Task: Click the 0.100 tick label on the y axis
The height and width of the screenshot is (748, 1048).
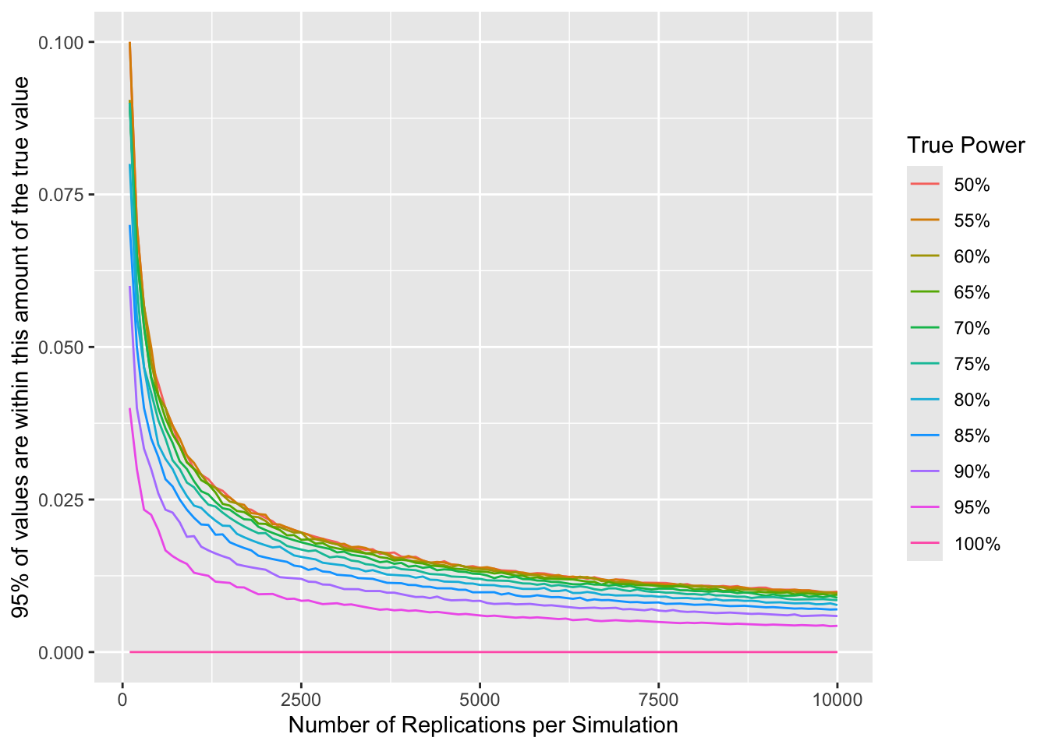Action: point(61,42)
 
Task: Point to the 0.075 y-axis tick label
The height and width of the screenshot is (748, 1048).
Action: point(61,195)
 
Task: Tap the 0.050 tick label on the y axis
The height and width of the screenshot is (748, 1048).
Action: point(61,347)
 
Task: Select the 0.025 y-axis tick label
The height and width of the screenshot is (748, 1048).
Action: point(61,499)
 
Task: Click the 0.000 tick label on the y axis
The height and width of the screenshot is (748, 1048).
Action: point(61,652)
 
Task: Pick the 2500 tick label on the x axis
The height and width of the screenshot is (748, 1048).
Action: point(301,699)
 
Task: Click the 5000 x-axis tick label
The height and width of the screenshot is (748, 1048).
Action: point(480,699)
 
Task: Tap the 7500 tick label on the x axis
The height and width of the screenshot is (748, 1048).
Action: point(658,699)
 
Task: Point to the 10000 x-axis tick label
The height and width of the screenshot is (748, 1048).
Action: point(837,699)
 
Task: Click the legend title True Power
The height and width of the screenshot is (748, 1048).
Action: point(965,146)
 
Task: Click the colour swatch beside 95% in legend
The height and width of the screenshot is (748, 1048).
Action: point(925,508)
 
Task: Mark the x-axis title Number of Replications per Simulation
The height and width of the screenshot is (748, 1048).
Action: point(483,725)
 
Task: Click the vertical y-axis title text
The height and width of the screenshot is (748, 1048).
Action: point(21,347)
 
